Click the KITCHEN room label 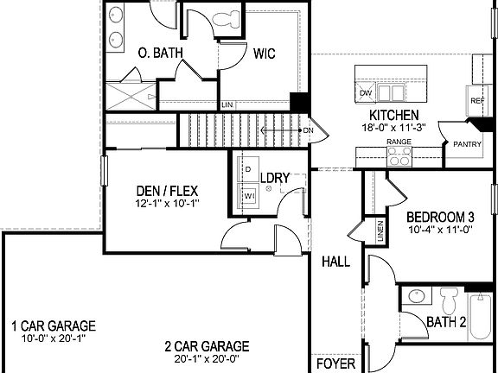(393, 115)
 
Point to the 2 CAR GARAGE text (207, 346)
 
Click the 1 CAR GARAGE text (53, 326)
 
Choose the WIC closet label (264, 53)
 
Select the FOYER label (335, 364)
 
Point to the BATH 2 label (447, 322)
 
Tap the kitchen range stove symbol (399, 155)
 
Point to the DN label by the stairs (308, 130)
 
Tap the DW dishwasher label (366, 93)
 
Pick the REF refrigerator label (476, 100)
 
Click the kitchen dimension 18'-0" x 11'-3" (393, 127)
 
